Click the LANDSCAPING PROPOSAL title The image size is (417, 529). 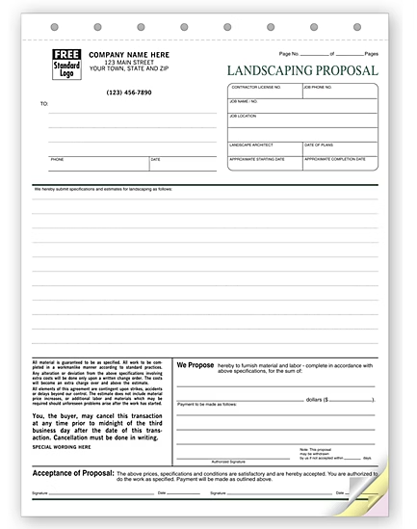tap(301, 69)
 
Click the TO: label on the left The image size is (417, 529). tap(43, 102)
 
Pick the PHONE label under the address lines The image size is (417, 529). tap(56, 159)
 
